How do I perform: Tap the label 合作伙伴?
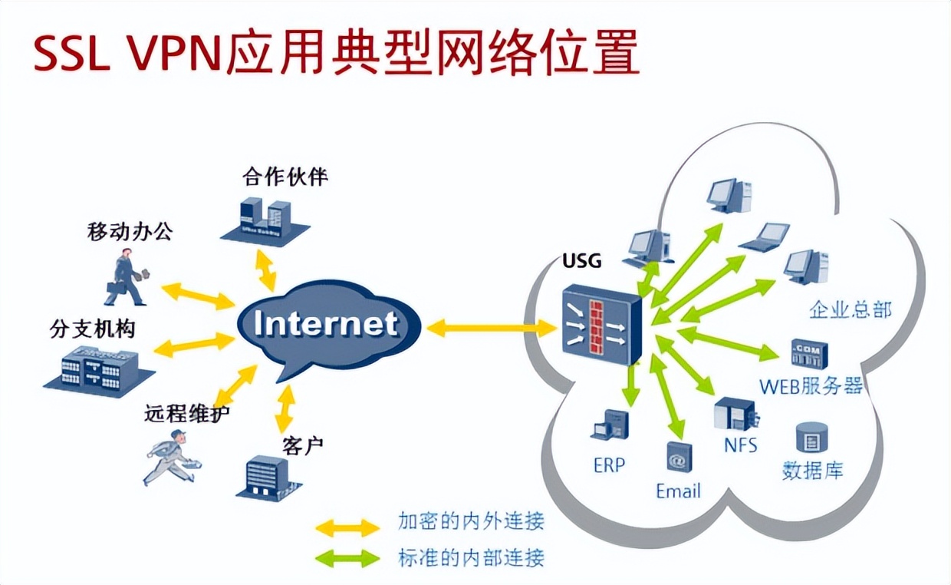[285, 178]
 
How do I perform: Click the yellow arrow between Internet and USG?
[491, 329]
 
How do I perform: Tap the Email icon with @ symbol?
[677, 458]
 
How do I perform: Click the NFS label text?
[740, 445]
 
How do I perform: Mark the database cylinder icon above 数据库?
[810, 437]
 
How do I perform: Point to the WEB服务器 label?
[811, 385]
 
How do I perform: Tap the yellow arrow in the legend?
[347, 527]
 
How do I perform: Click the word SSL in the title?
[72, 54]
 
